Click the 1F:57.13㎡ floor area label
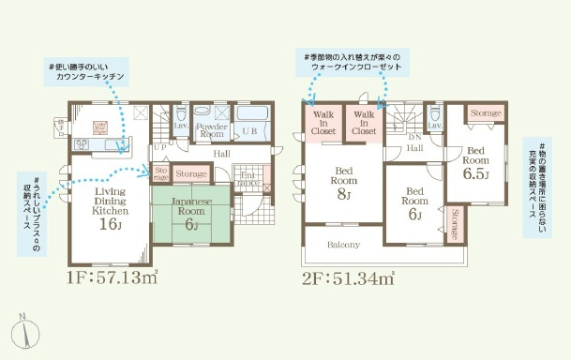(x=112, y=278)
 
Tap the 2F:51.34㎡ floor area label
(x=348, y=278)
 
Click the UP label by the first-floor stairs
(x=160, y=147)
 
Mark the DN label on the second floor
(x=415, y=137)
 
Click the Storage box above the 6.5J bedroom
(x=485, y=112)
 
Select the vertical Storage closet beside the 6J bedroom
(x=455, y=224)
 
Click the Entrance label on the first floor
(x=249, y=178)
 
